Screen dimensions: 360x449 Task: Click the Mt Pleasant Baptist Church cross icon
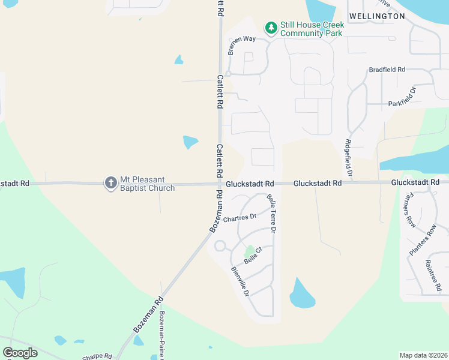click(x=110, y=183)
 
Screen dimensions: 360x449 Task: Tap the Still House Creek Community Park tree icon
click(x=271, y=28)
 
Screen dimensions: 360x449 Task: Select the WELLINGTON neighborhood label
click(x=377, y=16)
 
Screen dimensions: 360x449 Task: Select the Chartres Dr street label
click(x=240, y=218)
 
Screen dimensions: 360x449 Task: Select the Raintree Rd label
click(x=433, y=273)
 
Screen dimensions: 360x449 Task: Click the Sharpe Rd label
click(x=97, y=356)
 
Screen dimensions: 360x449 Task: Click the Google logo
click(x=20, y=353)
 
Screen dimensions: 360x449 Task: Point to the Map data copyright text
click(x=423, y=355)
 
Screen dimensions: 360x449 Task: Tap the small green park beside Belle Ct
click(x=249, y=250)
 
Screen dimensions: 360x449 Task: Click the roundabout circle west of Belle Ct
click(x=220, y=245)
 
